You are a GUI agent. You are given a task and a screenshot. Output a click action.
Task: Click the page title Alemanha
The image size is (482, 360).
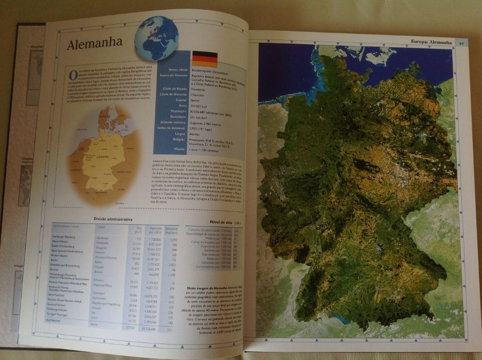95,43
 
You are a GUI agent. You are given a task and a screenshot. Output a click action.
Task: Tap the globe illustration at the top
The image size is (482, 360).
156,38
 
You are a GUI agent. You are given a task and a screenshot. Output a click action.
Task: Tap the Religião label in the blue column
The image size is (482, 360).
178,139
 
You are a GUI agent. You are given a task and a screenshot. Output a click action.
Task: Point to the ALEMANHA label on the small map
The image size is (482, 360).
105,159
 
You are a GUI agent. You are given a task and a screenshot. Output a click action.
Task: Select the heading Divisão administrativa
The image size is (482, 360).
123,219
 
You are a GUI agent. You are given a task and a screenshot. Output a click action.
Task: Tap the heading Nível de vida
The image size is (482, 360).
206,223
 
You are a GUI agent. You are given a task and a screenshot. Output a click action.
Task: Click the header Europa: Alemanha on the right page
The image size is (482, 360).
432,42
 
